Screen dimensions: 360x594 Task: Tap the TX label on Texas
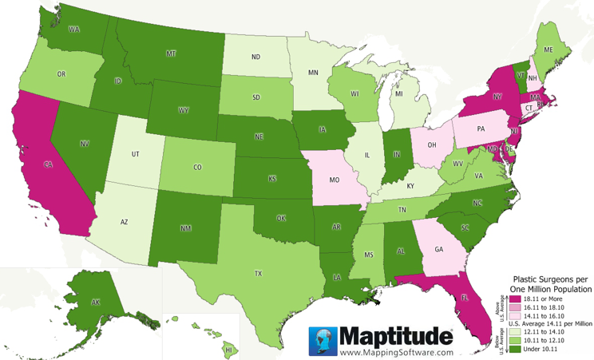(x=258, y=273)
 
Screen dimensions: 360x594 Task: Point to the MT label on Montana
(x=171, y=53)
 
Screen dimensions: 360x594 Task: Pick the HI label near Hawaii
(x=228, y=350)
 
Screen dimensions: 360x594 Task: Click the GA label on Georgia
(x=439, y=248)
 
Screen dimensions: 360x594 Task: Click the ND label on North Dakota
(x=256, y=57)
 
